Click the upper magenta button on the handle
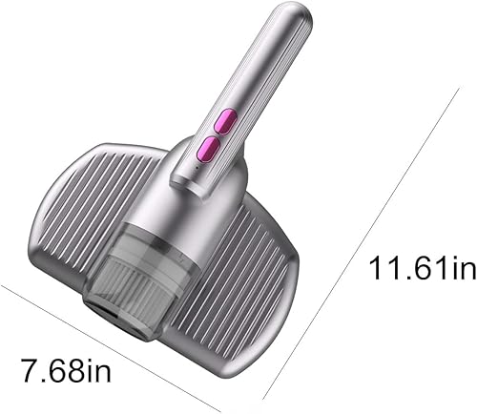point(226,121)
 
